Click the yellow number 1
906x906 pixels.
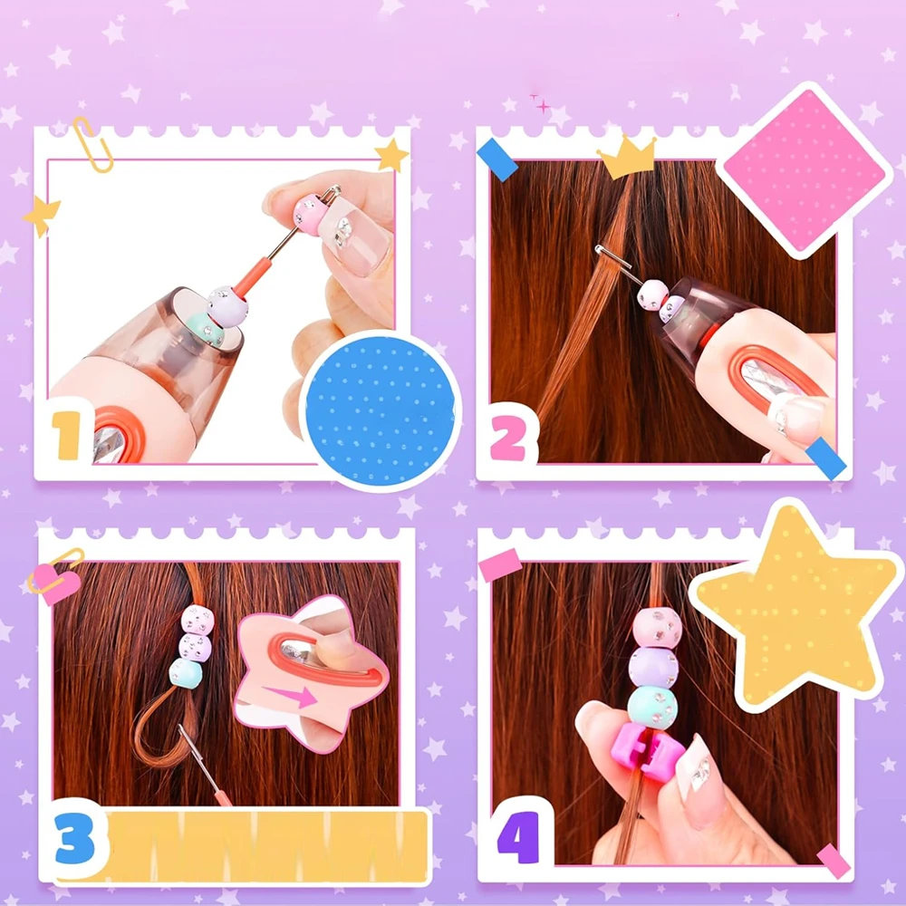coord(68,435)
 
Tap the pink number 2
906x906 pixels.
coord(508,439)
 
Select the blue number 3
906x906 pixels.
coord(75,838)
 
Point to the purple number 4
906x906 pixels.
coord(518,837)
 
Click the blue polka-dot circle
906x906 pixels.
coord(380,410)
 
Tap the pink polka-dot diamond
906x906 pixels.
coord(804,171)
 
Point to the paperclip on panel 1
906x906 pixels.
coord(92,144)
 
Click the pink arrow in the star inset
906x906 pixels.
coord(290,696)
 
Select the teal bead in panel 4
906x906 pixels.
coord(652,708)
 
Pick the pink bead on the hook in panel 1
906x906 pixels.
coord(311,215)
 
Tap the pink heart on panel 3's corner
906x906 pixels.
coord(56,584)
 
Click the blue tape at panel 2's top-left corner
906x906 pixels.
coord(497,159)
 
